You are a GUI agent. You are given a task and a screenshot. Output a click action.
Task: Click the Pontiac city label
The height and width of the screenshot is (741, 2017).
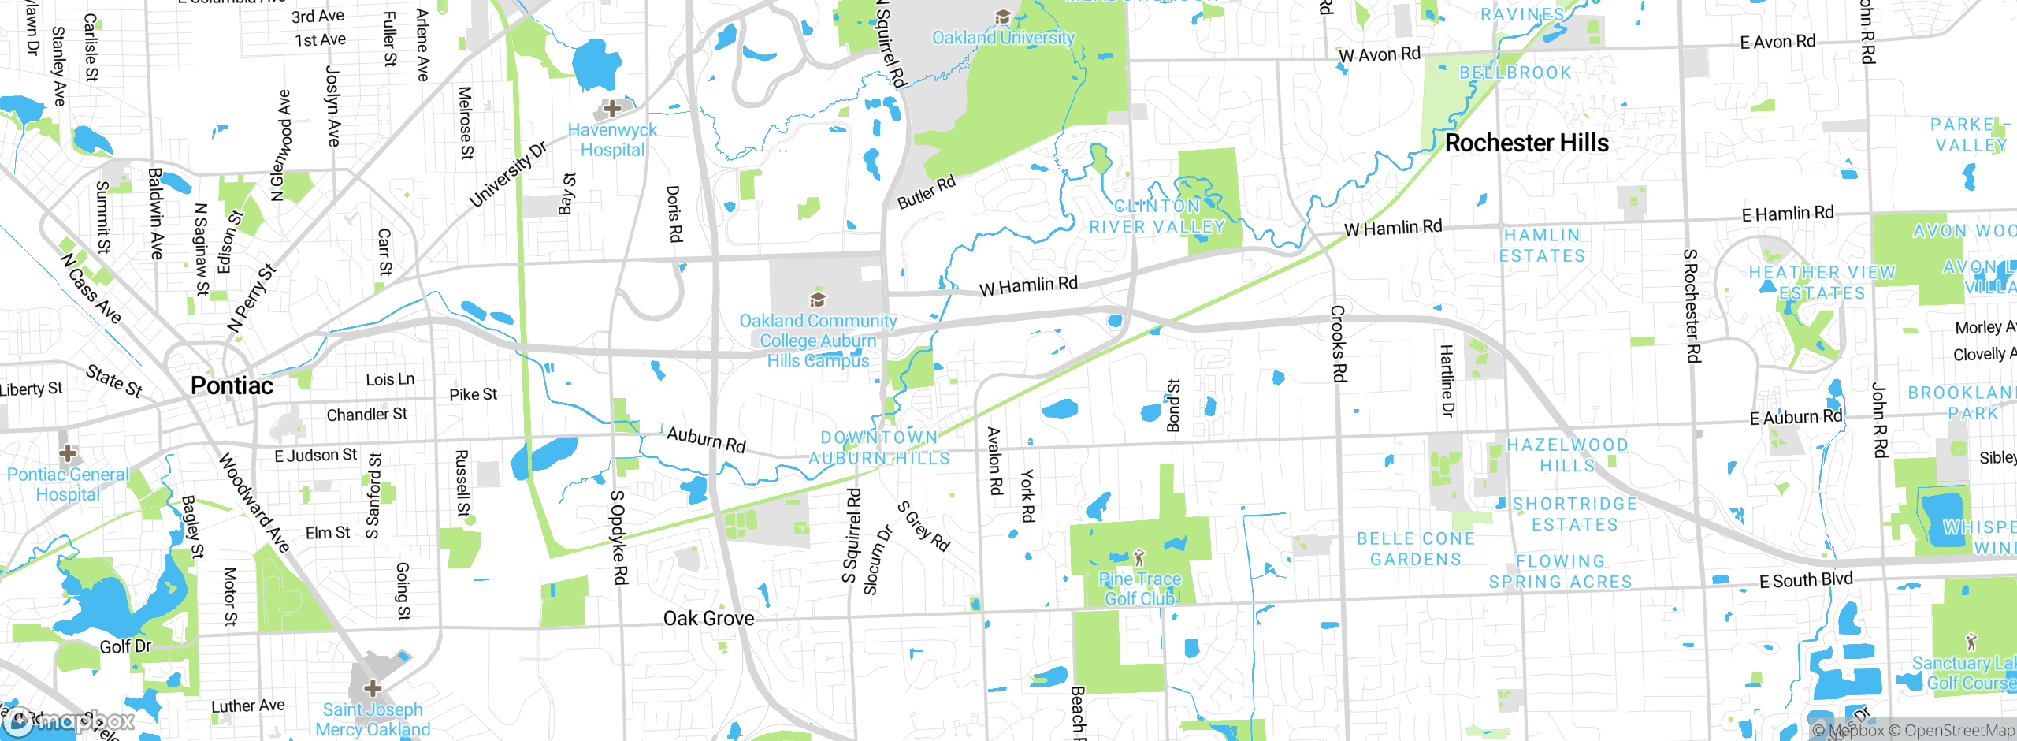(x=232, y=385)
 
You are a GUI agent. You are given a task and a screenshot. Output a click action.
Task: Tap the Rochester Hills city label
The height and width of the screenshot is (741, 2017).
(x=1526, y=143)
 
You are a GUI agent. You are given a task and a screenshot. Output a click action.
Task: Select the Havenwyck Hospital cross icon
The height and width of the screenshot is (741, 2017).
(x=612, y=108)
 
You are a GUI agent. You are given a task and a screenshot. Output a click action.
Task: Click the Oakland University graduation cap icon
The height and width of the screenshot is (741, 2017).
(x=1003, y=17)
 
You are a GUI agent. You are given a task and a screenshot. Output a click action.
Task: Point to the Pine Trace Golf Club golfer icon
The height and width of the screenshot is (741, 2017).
(x=1139, y=558)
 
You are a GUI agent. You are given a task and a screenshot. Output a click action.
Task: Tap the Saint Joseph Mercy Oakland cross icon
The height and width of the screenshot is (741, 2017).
(x=373, y=688)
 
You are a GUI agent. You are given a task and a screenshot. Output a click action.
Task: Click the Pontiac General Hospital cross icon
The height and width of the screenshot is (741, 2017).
(x=68, y=453)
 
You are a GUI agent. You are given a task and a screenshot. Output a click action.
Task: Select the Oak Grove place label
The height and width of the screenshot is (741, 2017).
(x=708, y=618)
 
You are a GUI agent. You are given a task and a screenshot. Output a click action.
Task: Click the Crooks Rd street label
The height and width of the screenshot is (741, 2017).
(x=1338, y=344)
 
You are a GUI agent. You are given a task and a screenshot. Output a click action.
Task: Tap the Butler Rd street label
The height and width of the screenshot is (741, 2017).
(x=927, y=192)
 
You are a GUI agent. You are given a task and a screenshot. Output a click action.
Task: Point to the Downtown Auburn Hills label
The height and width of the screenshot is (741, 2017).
(x=879, y=448)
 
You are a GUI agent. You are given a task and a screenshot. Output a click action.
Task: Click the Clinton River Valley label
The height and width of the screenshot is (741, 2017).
(x=1157, y=216)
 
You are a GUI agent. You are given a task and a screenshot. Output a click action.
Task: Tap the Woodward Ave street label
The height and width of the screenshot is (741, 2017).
(x=254, y=502)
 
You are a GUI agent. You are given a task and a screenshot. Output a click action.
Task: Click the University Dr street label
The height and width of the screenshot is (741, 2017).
(x=507, y=175)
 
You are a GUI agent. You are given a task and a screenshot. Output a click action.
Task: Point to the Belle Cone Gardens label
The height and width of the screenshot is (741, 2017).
(x=1416, y=549)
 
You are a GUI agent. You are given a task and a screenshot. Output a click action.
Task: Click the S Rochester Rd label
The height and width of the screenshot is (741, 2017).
(x=1691, y=306)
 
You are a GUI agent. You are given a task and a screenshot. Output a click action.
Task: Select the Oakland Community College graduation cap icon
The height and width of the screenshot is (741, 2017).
(x=818, y=300)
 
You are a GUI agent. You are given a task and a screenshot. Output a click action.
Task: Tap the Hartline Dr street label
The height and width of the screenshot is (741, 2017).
(x=1447, y=381)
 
